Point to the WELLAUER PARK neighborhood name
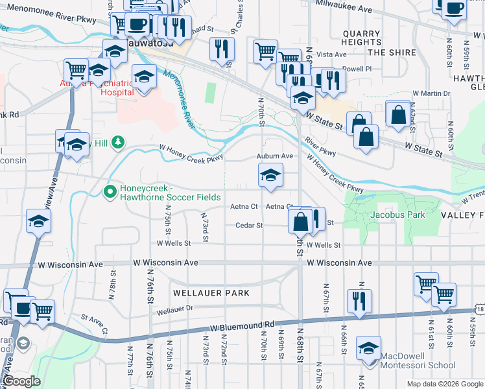211,293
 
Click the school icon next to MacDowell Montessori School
369,349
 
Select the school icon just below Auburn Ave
270,175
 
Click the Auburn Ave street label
274,156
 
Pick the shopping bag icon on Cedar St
300,221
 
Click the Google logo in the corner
22,381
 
